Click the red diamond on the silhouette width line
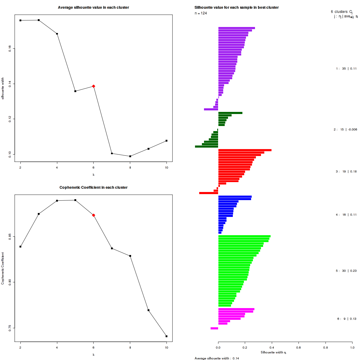pos(94,86)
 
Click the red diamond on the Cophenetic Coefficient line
pos(94,215)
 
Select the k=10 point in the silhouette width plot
pos(166,141)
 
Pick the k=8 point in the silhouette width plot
pos(130,156)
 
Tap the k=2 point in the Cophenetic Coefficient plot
pos(20,247)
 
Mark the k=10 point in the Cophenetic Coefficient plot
pos(166,336)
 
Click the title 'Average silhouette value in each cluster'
pos(94,7)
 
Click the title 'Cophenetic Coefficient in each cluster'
pos(94,187)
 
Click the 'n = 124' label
pos(201,13)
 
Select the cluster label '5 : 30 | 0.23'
pos(346,271)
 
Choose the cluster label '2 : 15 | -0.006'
pos(345,130)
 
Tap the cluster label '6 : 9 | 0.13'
pos(346,319)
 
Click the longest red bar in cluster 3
pos(245,150)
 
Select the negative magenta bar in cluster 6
pos(214,328)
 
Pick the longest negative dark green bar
pos(206,147)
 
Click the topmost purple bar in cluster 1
pos(236,28)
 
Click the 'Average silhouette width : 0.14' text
pos(217,358)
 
